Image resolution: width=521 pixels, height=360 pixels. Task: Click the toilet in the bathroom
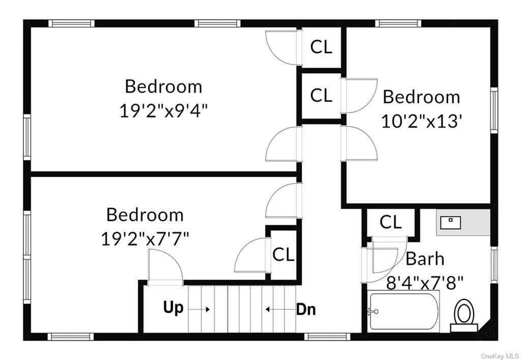coord(464,315)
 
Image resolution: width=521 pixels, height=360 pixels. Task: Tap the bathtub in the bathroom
coord(403,311)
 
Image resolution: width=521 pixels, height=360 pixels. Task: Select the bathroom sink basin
coord(450,223)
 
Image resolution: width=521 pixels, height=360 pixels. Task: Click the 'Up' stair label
coord(173,308)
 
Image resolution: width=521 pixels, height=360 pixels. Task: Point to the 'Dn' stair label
coord(306,310)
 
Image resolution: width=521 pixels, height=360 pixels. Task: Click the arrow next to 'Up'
coord(199,310)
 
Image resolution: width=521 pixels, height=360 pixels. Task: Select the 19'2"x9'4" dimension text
coord(163,110)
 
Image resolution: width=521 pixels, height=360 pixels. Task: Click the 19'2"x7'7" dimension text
coord(145,239)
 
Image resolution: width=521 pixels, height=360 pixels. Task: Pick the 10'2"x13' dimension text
coord(422,121)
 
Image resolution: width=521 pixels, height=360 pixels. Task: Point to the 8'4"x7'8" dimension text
coord(425,283)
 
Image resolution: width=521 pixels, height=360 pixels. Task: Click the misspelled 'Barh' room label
coord(425,258)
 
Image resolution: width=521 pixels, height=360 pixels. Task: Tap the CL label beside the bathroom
coord(390,222)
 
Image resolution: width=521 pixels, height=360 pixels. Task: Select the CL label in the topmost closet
coord(321,47)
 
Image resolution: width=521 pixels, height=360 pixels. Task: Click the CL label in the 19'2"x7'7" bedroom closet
coord(283,255)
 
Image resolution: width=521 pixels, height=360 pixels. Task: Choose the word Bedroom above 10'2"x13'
coord(421,97)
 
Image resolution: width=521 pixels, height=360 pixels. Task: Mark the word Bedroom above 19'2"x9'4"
coord(163,86)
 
